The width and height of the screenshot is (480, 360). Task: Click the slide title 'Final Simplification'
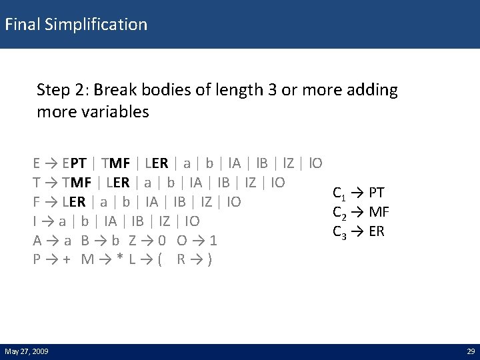[x=76, y=25]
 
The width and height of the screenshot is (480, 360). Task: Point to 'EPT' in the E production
[x=74, y=163]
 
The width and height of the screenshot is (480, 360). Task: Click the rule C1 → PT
[x=358, y=193]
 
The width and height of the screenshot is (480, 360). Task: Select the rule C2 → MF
[x=361, y=213]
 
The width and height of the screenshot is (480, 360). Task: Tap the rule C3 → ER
[x=359, y=232]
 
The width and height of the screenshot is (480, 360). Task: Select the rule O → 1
[x=197, y=240]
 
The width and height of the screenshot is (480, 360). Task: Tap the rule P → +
[x=53, y=259]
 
